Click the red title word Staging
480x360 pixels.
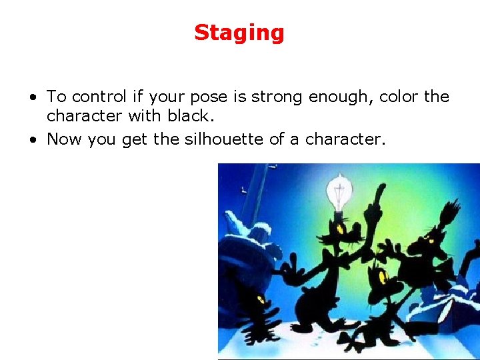239,33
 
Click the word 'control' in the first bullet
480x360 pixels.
93,97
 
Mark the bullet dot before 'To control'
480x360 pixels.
32,97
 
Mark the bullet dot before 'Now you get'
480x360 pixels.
32,139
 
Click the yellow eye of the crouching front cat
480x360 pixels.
383,276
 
